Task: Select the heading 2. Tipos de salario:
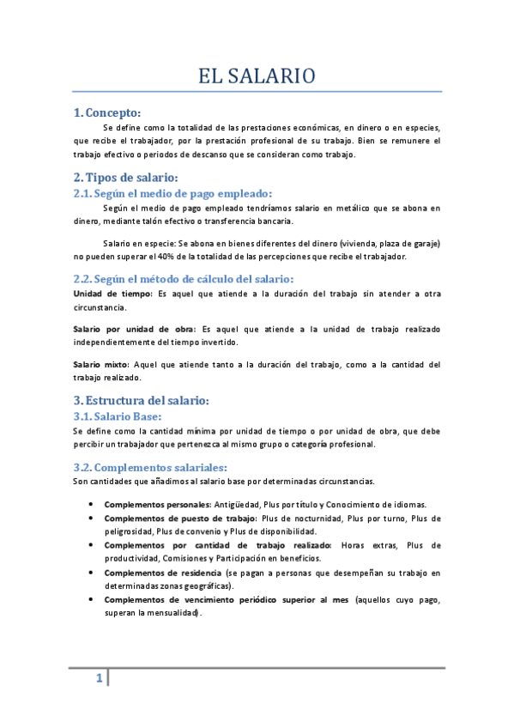tap(125, 178)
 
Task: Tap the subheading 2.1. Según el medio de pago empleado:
tap(172, 193)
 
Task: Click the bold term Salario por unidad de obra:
tap(135, 329)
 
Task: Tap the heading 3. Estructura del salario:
tap(141, 400)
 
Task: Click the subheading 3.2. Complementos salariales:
tap(150, 467)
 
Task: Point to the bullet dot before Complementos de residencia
tap(90, 572)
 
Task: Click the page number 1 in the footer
tap(99, 680)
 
